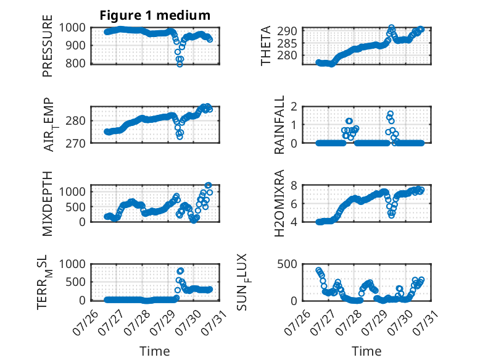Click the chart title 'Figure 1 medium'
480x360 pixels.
[x=155, y=15]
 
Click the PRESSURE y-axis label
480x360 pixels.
[x=48, y=46]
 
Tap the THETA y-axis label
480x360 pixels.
[x=266, y=46]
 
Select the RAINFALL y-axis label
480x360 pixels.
[x=279, y=125]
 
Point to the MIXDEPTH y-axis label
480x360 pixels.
[x=48, y=204]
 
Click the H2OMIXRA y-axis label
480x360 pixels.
[x=279, y=203]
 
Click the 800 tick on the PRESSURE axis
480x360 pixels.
[x=76, y=64]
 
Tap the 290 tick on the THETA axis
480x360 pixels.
[x=287, y=31]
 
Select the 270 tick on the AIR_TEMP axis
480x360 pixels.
[x=76, y=143]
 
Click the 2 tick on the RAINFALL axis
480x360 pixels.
[x=294, y=107]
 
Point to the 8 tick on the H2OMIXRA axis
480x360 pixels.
[x=294, y=185]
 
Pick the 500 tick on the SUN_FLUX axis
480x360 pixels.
[x=287, y=264]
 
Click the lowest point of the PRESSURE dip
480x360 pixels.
[x=180, y=64]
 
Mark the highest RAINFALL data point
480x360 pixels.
[x=391, y=114]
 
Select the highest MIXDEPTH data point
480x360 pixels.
[x=208, y=185]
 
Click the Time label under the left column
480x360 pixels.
[x=155, y=351]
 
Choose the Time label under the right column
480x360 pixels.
[x=366, y=351]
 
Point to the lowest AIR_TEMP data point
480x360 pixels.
[x=180, y=136]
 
